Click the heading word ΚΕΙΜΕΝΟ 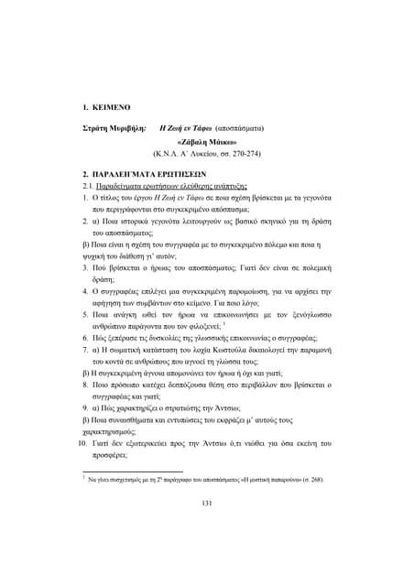(x=113, y=107)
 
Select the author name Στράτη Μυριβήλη (x=115, y=129)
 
